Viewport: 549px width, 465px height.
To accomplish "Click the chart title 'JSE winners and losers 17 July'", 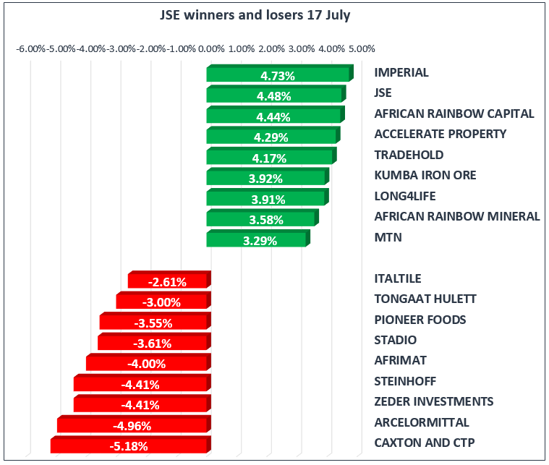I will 255,15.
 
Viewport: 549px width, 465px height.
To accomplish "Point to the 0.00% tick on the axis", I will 210,49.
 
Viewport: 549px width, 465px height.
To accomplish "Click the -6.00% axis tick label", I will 31,49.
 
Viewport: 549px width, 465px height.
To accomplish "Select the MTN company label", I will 388,237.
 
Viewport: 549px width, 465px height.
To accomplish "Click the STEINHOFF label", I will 405,381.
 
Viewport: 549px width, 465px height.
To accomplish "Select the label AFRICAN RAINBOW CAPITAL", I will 454,114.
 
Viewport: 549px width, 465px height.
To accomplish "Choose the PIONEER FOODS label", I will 420,320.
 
